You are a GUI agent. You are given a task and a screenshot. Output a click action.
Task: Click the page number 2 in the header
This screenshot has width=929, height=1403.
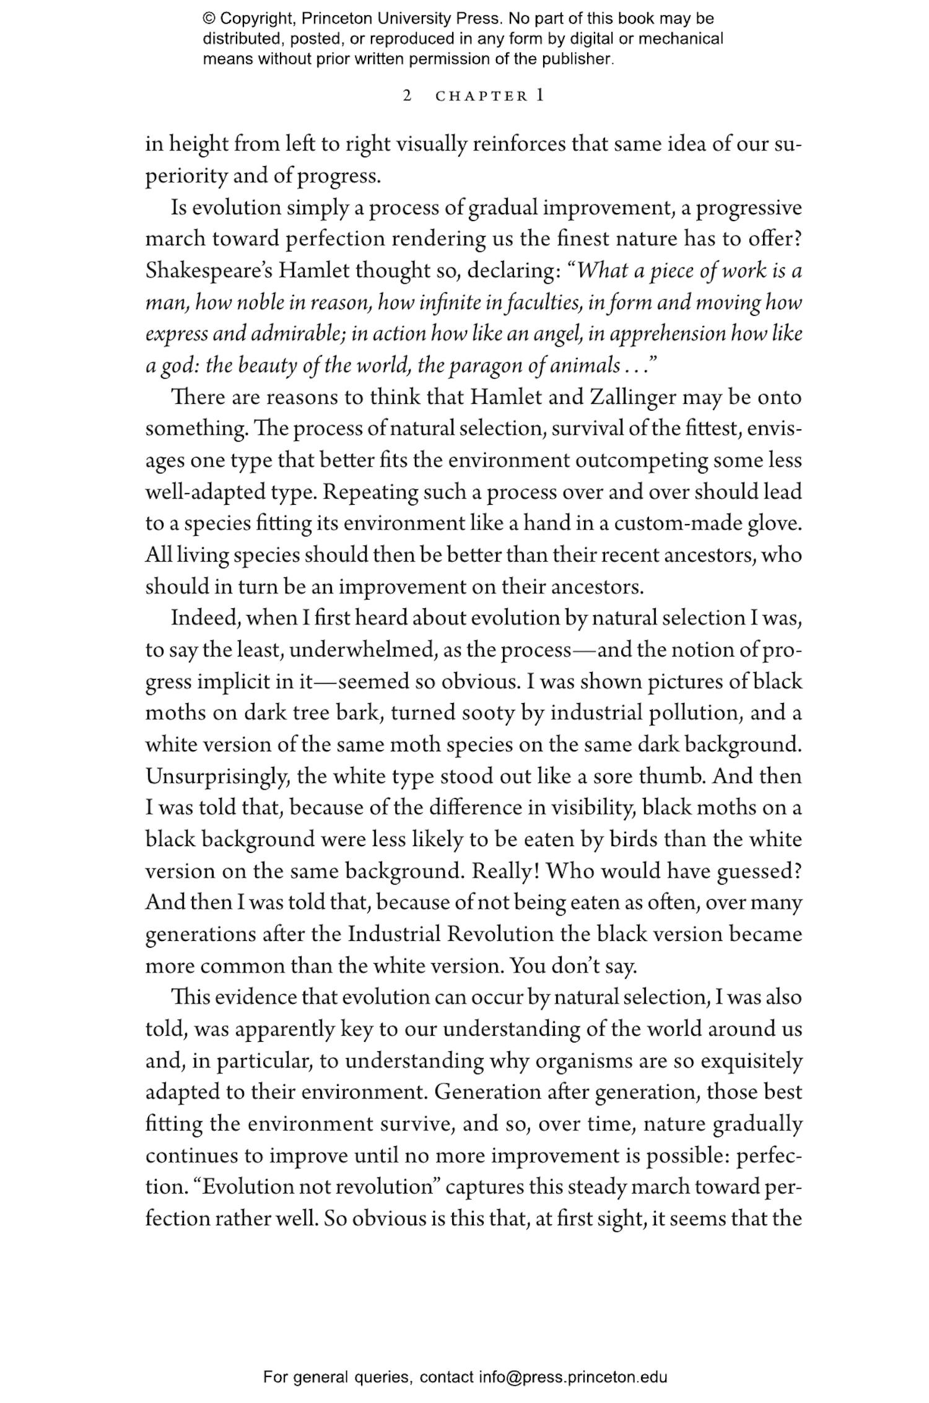[x=407, y=96]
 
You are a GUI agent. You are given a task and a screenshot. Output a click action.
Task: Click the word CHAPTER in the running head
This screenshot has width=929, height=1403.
[x=482, y=97]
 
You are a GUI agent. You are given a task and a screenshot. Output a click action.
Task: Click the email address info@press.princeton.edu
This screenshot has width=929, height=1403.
[x=572, y=1377]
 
